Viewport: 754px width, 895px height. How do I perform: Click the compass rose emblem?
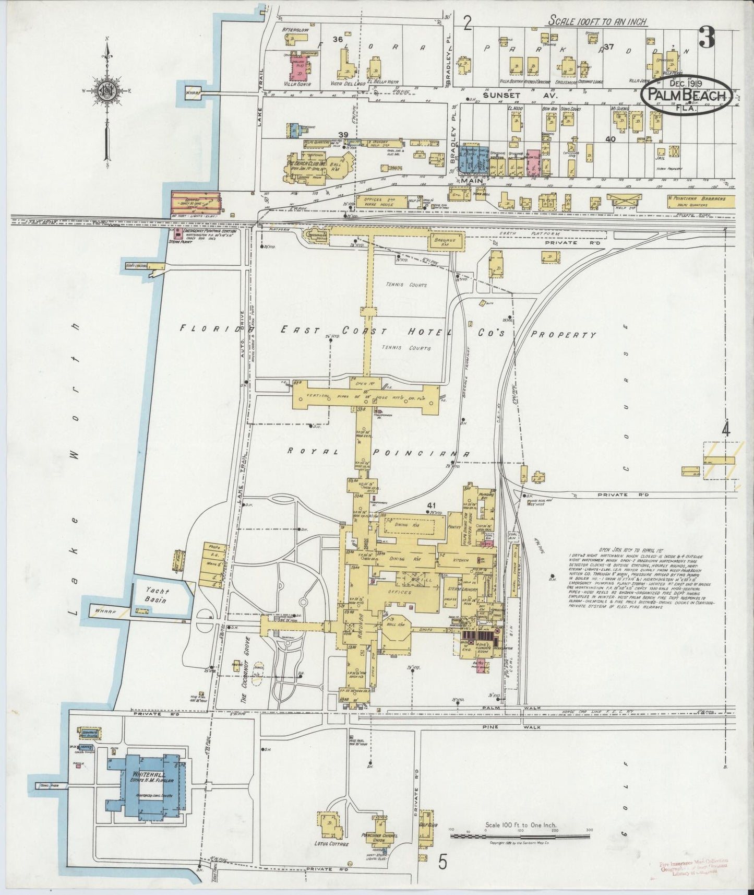tap(107, 91)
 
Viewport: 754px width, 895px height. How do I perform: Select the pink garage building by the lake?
tap(196, 201)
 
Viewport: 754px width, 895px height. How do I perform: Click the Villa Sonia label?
tap(295, 84)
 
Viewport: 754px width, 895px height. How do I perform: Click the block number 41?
tap(431, 505)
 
